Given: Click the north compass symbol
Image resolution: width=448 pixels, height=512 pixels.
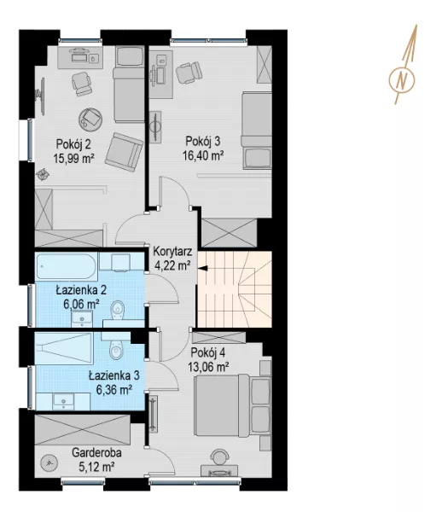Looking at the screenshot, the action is pos(402,79).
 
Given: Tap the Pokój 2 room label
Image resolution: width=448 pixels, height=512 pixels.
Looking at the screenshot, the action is pos(73,144).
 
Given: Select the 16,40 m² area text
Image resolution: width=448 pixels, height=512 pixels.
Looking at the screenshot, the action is pos(203,155).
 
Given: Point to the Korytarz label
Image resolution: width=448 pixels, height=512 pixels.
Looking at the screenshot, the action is pos(172,252).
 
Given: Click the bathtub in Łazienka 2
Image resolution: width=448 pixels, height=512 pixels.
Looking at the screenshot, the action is pos(67,266).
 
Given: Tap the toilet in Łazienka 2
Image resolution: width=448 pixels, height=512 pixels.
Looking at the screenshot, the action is pos(118,311).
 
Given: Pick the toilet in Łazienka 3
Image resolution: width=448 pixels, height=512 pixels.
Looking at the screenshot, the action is pos(116,350).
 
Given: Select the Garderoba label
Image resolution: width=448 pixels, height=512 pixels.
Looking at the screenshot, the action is pos(96,453).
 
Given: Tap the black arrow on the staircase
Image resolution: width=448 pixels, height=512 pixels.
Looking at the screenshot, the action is pos(202,269).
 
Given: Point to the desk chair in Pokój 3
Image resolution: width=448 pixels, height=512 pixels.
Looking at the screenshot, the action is pos(189,73).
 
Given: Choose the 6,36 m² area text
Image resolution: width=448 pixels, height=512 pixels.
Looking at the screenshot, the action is pos(114,390).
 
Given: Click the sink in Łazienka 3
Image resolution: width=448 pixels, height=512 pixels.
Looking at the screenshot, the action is pos(63,401).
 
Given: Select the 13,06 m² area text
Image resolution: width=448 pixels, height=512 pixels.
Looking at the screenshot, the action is pos(208,367).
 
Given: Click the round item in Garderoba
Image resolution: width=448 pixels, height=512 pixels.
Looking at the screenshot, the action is pos(49,463).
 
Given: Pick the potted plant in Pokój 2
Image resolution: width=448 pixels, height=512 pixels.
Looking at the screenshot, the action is pos(42,174).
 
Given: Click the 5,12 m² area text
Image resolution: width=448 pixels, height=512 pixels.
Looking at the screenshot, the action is pos(96,467).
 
